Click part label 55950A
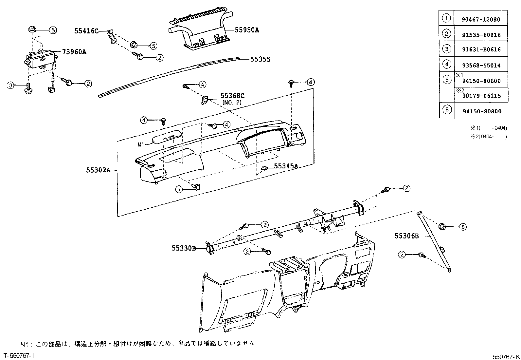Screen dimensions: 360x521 tap(246, 30)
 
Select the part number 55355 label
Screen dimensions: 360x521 tap(260, 60)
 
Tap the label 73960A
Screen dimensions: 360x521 tap(74, 52)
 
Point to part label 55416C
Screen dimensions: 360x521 tap(86, 31)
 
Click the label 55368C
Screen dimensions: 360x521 tap(232, 96)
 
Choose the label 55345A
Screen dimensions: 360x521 tap(286, 166)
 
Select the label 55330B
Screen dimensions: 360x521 tap(184, 248)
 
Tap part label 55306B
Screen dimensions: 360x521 tap(406, 236)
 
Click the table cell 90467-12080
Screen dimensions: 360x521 tap(481, 19)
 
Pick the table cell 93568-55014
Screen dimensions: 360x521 tap(481, 66)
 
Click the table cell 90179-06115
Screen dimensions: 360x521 tap(481, 96)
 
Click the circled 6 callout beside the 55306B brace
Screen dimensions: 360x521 tap(462, 227)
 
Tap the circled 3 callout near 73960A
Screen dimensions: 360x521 tap(11, 85)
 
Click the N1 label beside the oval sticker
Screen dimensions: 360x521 tap(141, 144)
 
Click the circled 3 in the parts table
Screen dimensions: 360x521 tap(447, 49)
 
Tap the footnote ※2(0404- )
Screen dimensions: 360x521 tap(489, 137)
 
